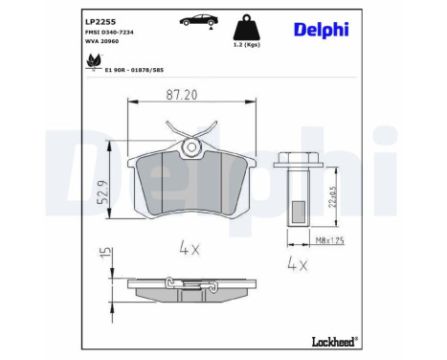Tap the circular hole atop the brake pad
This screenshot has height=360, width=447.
pos(191,146)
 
